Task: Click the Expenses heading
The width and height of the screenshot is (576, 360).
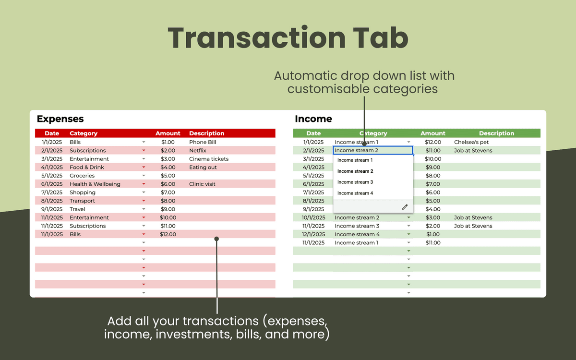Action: (x=60, y=119)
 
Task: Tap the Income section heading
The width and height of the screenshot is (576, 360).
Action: (x=313, y=119)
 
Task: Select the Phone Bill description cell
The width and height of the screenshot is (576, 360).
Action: (x=203, y=142)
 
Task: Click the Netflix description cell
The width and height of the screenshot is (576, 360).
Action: (x=197, y=150)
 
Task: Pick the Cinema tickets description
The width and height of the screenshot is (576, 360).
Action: (x=208, y=159)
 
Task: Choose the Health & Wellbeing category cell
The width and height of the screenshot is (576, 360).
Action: (x=95, y=184)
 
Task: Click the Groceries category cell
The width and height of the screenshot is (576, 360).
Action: (x=82, y=176)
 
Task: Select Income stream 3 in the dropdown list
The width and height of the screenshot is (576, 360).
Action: (x=355, y=182)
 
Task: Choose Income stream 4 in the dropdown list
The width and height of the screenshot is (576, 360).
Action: (x=355, y=193)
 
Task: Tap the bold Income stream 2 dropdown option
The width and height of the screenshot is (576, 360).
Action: (x=355, y=171)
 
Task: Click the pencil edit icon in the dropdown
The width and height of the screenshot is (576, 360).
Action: (x=405, y=207)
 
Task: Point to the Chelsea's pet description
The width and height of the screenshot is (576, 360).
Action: (x=471, y=142)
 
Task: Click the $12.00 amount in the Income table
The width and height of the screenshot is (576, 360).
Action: (x=433, y=142)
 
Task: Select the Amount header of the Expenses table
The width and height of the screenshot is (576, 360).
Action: (x=168, y=133)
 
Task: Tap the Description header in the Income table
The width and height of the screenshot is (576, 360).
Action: (x=496, y=133)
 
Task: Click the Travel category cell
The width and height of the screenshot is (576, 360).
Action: (x=77, y=209)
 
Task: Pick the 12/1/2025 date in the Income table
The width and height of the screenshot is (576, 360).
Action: (x=313, y=234)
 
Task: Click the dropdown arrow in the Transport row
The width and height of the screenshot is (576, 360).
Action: (x=144, y=201)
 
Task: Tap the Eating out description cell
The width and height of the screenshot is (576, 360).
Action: (x=203, y=167)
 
